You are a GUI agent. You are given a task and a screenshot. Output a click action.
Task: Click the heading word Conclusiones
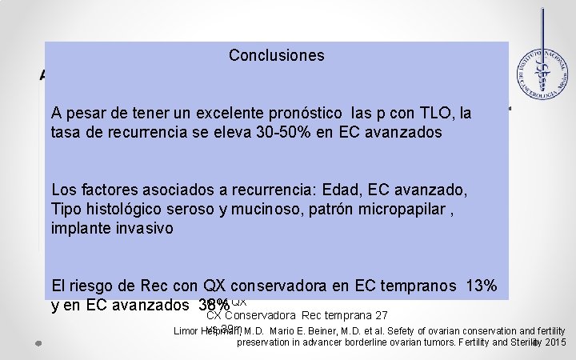pos(276,55)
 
